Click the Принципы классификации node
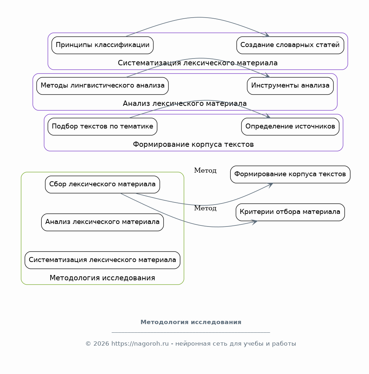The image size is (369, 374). pos(102,45)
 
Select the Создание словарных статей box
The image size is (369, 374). pos(290,45)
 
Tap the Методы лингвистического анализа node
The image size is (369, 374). pos(102,86)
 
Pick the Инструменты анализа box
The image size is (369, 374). pos(290,86)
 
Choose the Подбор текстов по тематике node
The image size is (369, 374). pos(102,127)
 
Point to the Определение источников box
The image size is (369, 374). pos(290,127)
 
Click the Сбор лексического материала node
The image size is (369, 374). pos(102,184)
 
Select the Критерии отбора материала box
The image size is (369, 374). pos(290,212)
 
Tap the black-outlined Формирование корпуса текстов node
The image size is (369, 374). pos(290,174)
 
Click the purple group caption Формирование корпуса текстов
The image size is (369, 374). pos(193,145)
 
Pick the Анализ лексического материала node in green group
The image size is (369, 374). pos(102,222)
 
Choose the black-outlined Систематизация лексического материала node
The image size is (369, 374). pos(102,260)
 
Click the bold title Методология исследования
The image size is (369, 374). pos(191,322)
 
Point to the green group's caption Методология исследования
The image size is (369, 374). pos(102,278)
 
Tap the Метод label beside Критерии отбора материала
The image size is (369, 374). pos(205,208)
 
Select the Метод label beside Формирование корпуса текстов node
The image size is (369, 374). pos(205,170)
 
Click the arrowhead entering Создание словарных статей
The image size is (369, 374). pos(267,35)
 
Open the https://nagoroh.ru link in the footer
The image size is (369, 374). pos(140,344)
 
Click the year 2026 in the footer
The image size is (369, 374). pos(101,344)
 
